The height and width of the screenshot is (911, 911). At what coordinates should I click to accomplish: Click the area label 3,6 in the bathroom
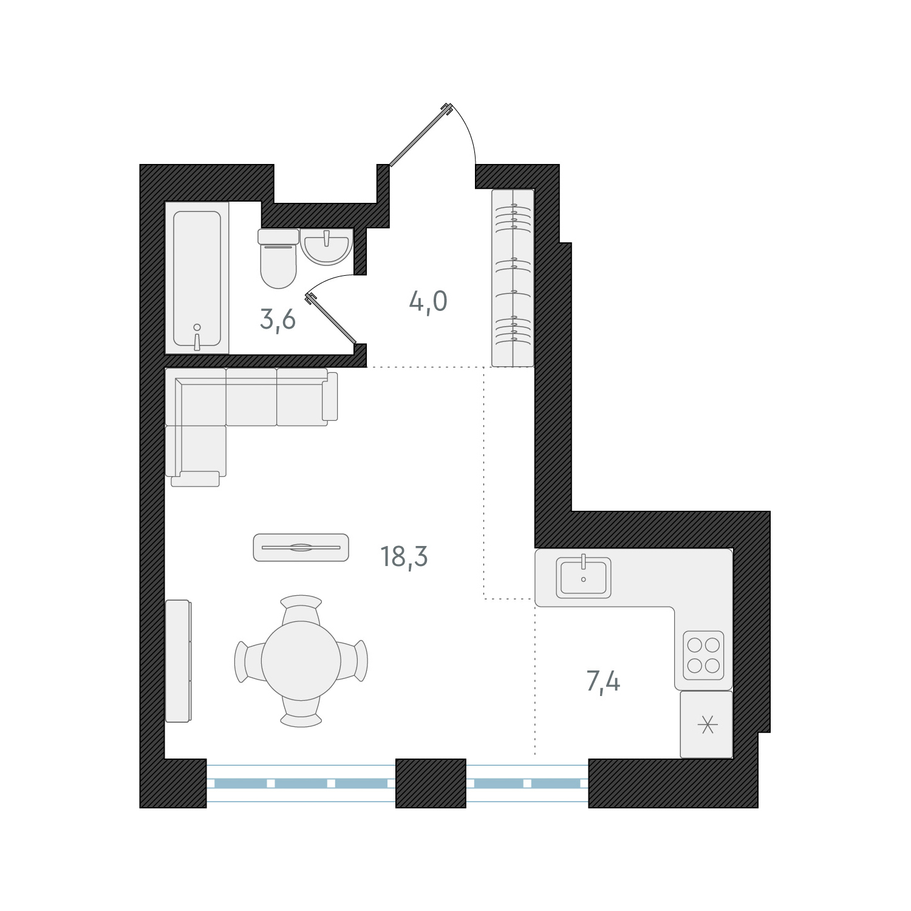pos(278,319)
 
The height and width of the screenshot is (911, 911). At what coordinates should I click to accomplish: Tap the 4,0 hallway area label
pos(428,301)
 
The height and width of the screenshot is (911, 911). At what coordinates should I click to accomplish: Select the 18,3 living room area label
pos(404,556)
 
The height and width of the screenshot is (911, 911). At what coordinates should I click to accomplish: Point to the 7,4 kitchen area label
pos(603,682)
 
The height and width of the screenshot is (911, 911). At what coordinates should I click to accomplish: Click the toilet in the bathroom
pos(278,259)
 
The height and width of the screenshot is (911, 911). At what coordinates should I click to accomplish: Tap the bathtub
pos(197,278)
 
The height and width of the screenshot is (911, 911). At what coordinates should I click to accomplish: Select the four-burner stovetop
pos(703,655)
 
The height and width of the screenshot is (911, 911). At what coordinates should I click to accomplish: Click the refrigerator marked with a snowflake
pos(706,725)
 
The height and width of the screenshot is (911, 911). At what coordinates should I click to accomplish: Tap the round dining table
pos(301,661)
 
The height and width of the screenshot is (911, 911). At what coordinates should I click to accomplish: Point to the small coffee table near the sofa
pos(301,547)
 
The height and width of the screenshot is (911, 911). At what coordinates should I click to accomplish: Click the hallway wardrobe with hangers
pos(513,278)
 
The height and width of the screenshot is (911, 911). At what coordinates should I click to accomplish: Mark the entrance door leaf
pos(419,135)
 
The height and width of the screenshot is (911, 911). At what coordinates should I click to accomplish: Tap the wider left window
pos(301,783)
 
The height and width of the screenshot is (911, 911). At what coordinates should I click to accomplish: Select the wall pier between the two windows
pos(431,783)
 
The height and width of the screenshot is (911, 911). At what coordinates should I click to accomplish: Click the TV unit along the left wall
pos(178,661)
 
